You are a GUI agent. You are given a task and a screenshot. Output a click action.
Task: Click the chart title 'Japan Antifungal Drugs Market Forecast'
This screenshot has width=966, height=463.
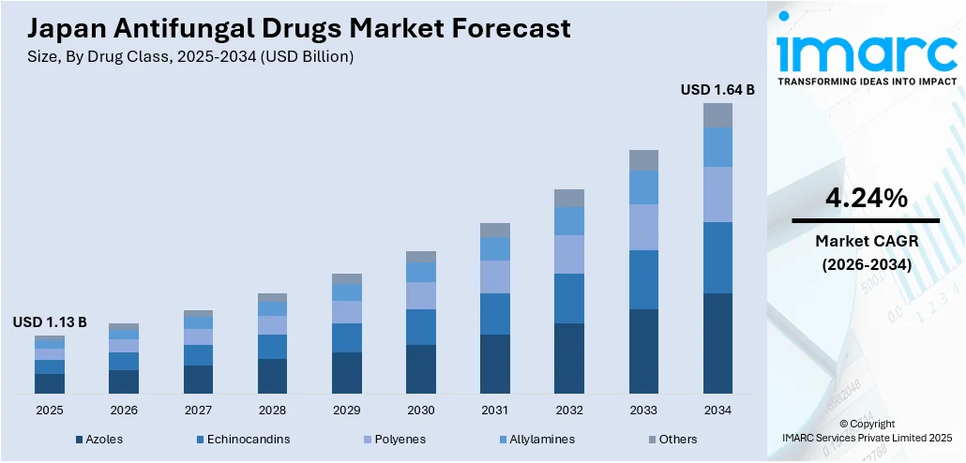[291, 29]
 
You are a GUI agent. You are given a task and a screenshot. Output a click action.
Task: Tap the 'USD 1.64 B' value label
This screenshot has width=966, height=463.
[717, 90]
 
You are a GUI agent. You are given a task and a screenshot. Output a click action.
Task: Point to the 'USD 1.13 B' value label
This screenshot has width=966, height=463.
[50, 322]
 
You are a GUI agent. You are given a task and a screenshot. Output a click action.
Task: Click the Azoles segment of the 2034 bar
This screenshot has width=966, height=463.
[717, 343]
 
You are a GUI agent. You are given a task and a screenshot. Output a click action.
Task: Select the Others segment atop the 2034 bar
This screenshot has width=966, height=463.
[717, 115]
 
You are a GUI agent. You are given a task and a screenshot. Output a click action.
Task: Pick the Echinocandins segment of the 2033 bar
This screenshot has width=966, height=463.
[643, 279]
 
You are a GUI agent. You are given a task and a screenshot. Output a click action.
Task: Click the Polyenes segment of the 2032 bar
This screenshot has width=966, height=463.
[569, 254]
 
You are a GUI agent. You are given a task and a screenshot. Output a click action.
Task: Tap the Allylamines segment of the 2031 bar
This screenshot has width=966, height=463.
[495, 248]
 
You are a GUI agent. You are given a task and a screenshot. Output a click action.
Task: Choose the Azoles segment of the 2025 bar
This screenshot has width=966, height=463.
[50, 383]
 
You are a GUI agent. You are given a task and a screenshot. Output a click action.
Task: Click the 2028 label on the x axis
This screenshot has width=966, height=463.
[272, 411]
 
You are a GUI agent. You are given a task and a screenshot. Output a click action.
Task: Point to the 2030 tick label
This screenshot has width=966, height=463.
[421, 411]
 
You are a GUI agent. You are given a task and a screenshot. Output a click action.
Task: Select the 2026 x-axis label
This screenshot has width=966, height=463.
[124, 411]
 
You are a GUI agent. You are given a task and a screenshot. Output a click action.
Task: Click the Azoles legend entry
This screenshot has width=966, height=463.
[98, 439]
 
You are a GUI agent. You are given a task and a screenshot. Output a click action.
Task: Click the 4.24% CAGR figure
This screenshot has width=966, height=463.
[866, 199]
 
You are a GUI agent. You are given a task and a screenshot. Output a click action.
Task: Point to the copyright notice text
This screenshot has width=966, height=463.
[866, 430]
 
